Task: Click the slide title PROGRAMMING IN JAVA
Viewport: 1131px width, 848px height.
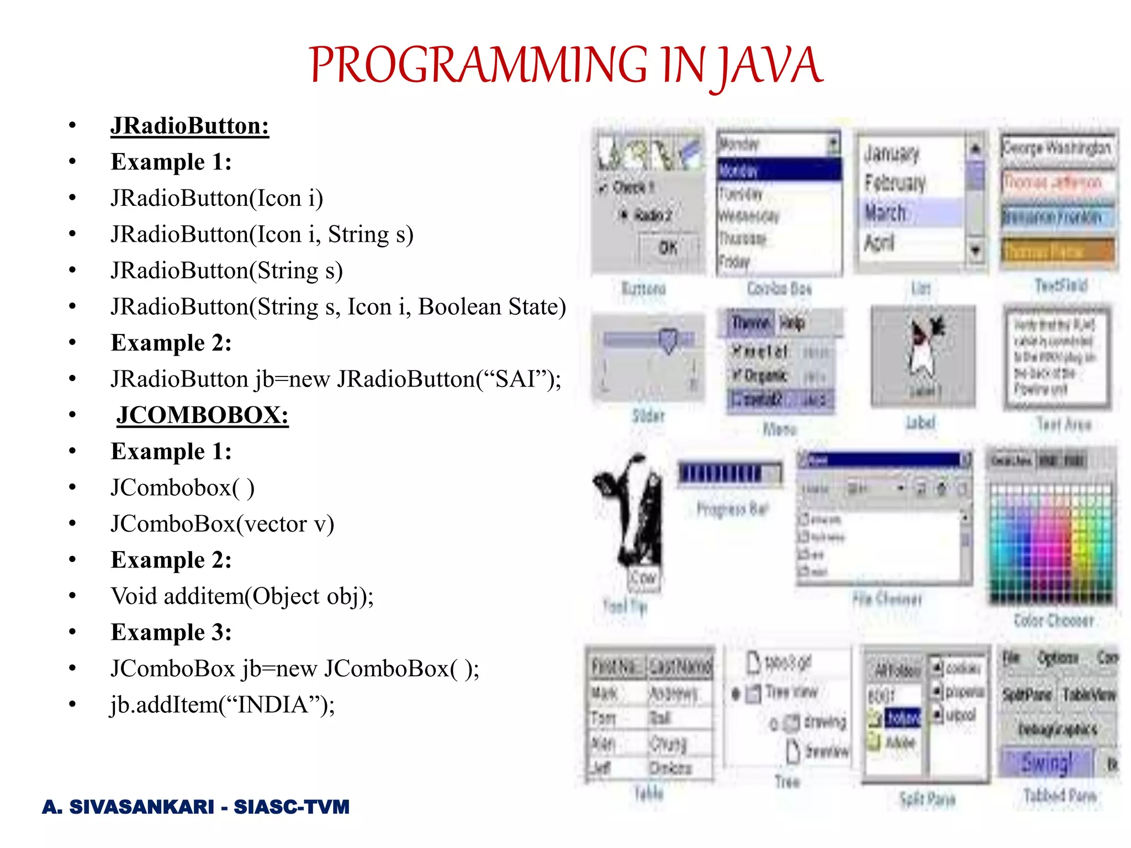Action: pos(565,65)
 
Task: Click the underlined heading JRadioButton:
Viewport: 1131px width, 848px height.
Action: pos(189,126)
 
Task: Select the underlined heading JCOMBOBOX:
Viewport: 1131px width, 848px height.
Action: pos(202,415)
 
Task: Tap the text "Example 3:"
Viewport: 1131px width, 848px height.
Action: pos(171,632)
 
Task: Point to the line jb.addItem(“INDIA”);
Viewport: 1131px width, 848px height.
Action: pos(223,704)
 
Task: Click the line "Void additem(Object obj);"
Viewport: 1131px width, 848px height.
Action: pos(242,596)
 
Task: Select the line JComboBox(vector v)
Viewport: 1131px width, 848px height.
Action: pos(222,524)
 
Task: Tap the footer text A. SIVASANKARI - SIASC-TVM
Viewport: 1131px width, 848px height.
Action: pos(195,807)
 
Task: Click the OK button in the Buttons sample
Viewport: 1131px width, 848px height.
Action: pos(668,248)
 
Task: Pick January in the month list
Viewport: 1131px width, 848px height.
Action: pos(891,153)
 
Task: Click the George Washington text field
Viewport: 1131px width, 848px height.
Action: pos(1056,148)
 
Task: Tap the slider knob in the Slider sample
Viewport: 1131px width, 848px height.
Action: pos(668,340)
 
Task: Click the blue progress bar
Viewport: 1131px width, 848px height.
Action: pos(729,474)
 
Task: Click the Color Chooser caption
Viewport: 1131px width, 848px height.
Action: pos(1054,621)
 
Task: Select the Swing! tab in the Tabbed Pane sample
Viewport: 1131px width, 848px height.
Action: pos(1046,763)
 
